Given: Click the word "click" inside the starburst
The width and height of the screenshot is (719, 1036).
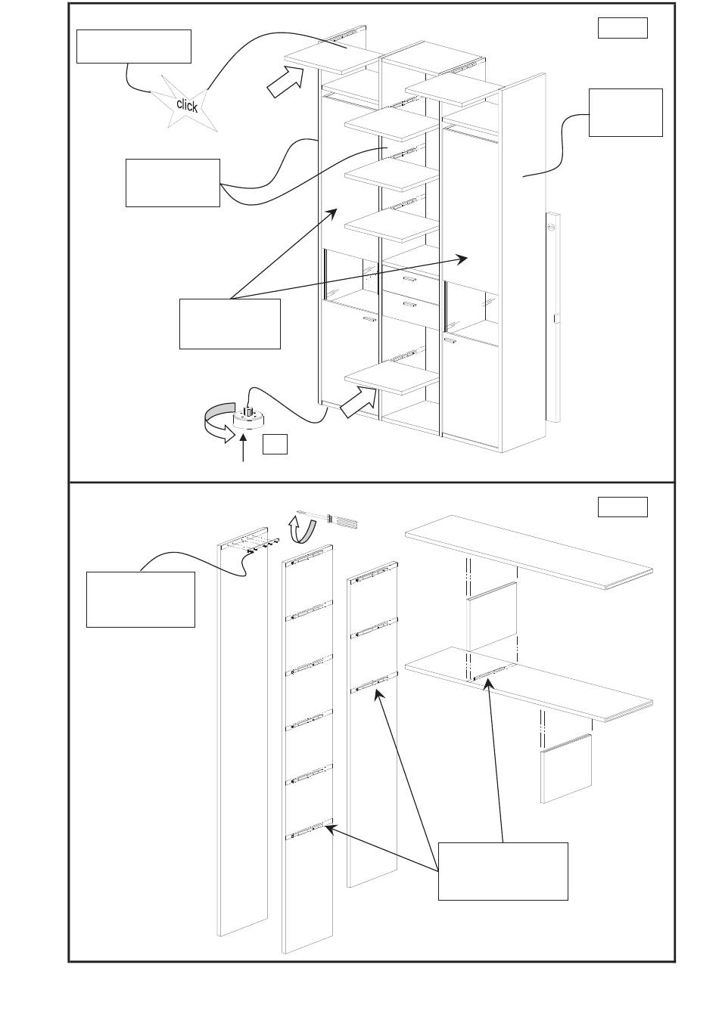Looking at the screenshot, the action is point(187,105).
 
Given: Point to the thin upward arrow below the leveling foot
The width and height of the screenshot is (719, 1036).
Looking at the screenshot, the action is point(243,449).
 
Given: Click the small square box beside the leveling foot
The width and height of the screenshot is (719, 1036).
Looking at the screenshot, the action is point(275,444).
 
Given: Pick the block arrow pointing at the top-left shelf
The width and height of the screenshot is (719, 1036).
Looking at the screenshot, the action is point(284,81).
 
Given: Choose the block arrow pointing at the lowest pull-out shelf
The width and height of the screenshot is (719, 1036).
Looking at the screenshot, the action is point(358,402).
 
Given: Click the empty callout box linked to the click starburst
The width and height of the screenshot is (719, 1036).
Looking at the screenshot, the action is point(134,47).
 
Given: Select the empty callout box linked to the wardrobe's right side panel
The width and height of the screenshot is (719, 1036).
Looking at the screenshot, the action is point(625,113).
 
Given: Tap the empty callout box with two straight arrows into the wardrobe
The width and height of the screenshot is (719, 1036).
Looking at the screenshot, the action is point(229,324).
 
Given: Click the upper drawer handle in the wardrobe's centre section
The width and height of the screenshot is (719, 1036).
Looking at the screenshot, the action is point(409,279).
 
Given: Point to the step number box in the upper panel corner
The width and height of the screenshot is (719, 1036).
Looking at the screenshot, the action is point(622,28).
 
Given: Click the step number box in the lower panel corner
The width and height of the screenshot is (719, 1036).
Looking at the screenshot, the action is point(622,507).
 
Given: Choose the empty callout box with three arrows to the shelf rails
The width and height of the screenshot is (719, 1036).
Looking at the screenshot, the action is point(503,871).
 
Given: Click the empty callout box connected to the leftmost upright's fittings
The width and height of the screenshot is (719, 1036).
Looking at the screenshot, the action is point(141,599).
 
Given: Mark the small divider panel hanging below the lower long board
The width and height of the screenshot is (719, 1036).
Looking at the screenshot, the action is point(566,768).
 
